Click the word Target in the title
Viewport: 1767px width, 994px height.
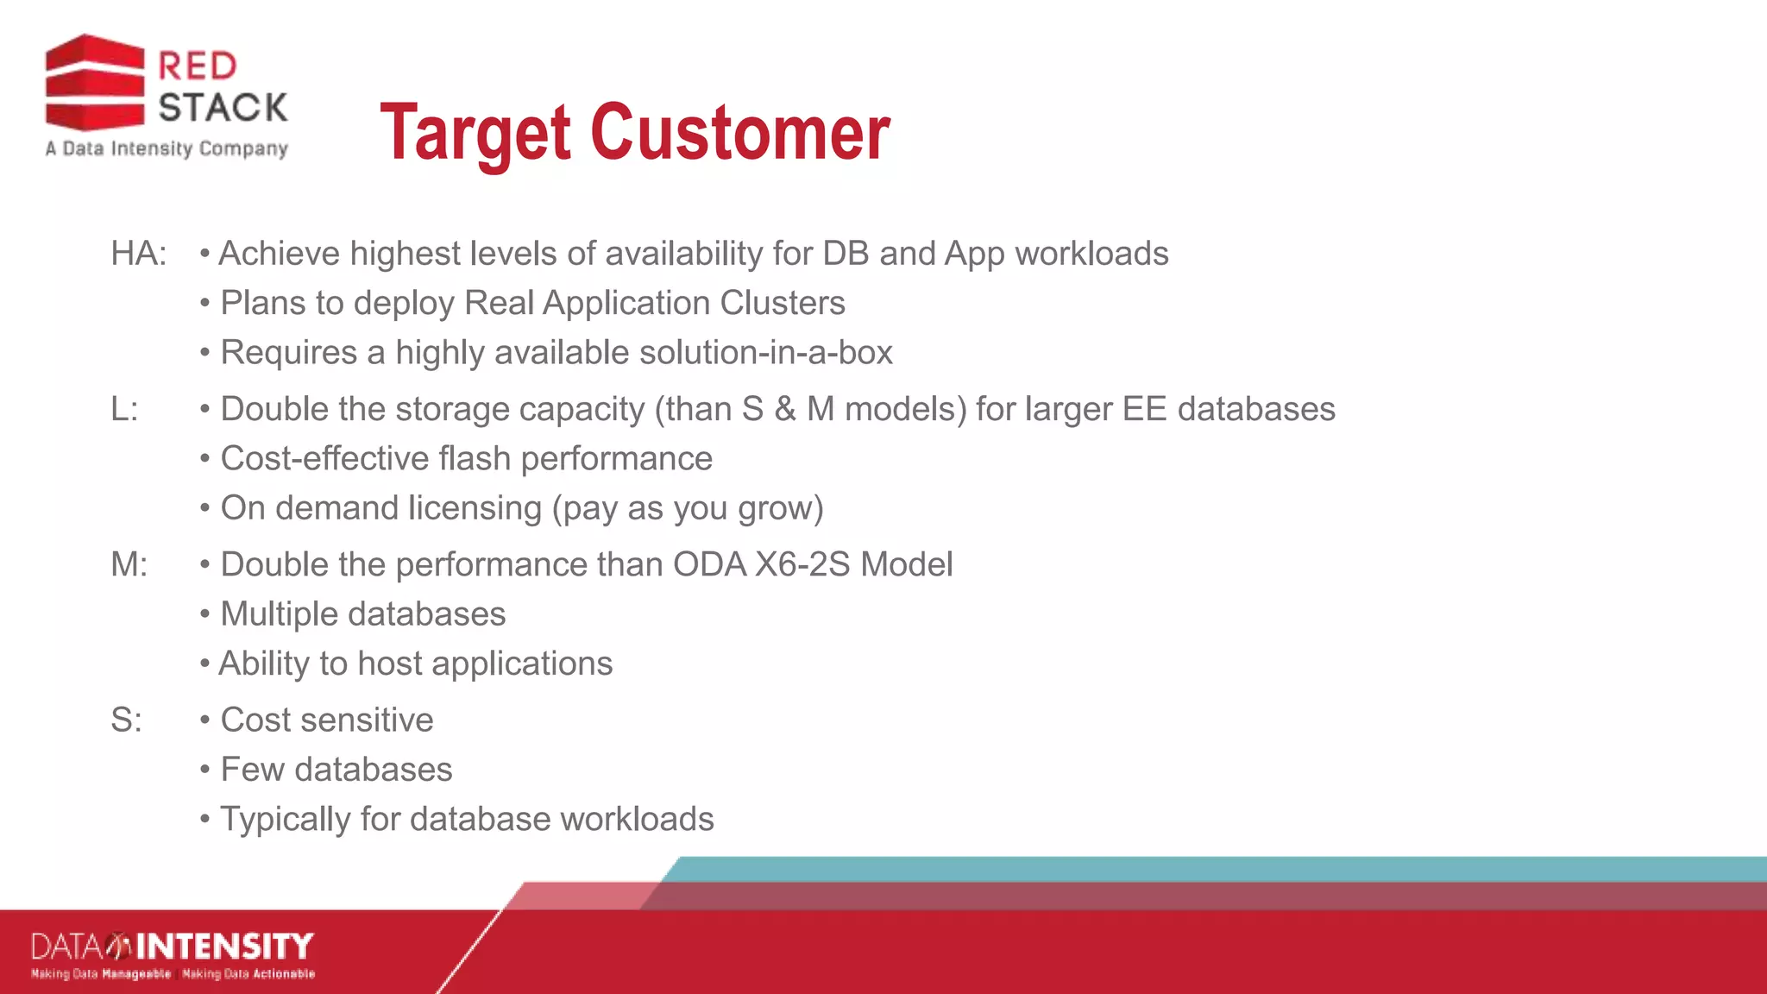(x=475, y=134)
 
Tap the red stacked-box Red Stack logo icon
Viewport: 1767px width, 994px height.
(x=95, y=83)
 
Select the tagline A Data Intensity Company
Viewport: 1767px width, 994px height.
(x=167, y=148)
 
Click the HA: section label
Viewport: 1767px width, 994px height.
(x=138, y=254)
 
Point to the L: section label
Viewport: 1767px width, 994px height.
(x=124, y=409)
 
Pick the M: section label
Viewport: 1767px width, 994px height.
(x=129, y=564)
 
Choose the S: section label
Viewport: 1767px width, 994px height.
(x=126, y=720)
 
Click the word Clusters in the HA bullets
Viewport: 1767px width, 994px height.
(x=782, y=303)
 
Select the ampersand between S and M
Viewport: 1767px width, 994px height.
(x=784, y=409)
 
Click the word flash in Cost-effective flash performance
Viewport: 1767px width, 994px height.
(x=474, y=458)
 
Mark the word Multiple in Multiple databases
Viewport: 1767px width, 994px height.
(x=279, y=614)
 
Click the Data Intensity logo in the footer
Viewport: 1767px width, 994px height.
(x=173, y=954)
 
